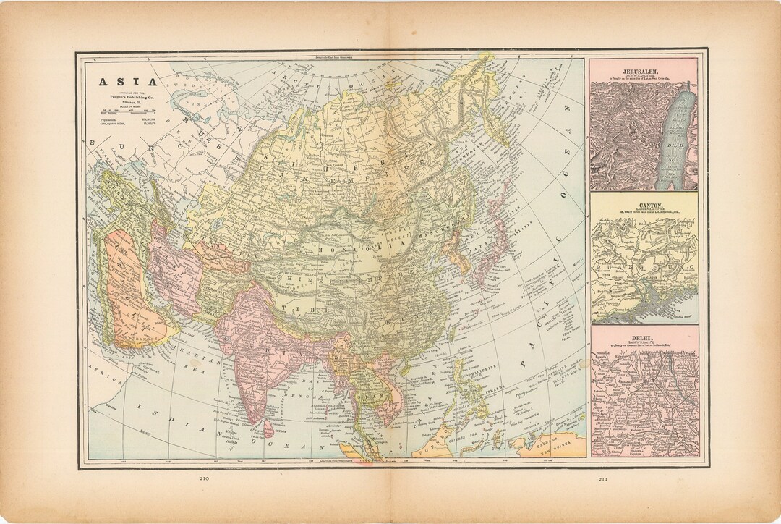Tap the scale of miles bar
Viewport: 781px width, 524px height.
(121, 112)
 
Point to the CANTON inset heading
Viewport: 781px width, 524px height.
(644, 206)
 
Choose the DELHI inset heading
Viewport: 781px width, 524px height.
(644, 337)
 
